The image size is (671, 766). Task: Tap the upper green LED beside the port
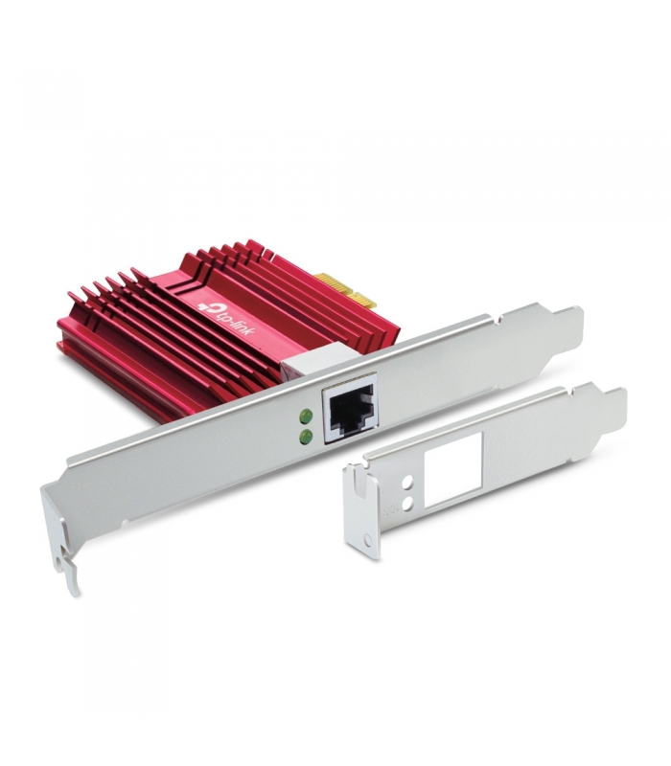coord(307,416)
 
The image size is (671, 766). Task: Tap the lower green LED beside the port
coord(307,437)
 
